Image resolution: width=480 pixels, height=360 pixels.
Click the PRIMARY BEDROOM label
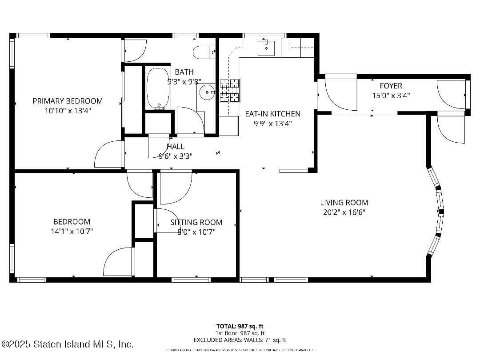point(68,101)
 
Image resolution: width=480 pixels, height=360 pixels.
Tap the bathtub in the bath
point(158,88)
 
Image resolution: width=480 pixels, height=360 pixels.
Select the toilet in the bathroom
point(204,52)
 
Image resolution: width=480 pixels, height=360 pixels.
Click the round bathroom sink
point(207,93)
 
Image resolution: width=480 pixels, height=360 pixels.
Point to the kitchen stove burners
point(230,90)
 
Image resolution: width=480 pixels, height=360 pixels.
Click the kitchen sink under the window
point(266,48)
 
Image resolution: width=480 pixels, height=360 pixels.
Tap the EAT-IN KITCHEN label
point(272,114)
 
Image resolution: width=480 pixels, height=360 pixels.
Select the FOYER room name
point(391,86)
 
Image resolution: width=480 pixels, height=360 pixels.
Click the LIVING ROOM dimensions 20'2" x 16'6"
point(344,212)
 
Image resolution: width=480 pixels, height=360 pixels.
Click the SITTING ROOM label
point(196,222)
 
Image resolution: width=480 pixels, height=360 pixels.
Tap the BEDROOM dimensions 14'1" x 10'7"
point(72,231)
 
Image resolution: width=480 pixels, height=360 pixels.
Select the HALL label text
point(176,147)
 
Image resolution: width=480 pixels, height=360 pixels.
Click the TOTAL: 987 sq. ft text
point(240,326)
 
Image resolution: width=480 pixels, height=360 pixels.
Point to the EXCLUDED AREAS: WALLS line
point(240,340)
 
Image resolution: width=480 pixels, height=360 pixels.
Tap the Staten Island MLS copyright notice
point(67,344)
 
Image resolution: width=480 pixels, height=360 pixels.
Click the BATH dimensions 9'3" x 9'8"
point(184,81)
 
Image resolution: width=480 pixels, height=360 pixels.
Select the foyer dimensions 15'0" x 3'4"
point(391,95)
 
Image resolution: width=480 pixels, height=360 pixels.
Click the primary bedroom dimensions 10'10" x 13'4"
point(68,110)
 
